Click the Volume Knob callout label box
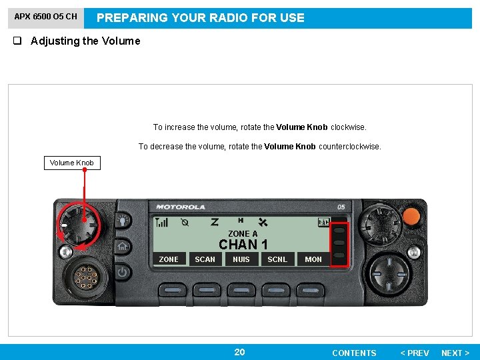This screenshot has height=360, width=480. (x=72, y=163)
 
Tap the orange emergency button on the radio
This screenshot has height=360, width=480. (x=412, y=215)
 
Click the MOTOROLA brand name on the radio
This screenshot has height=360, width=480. (x=181, y=207)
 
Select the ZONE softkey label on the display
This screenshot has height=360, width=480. (x=169, y=259)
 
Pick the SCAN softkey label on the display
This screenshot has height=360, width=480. (x=205, y=259)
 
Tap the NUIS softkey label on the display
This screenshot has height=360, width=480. (x=241, y=259)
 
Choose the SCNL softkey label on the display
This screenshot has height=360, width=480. (x=277, y=259)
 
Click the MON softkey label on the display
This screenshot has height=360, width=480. (x=313, y=259)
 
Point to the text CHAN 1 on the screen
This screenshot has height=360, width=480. (x=243, y=245)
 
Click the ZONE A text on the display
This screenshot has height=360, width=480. (x=243, y=234)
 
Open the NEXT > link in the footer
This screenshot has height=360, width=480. (x=455, y=353)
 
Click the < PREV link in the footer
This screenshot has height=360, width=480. (x=414, y=353)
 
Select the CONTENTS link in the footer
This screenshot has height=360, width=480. (x=354, y=353)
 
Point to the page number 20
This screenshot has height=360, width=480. (x=239, y=352)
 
